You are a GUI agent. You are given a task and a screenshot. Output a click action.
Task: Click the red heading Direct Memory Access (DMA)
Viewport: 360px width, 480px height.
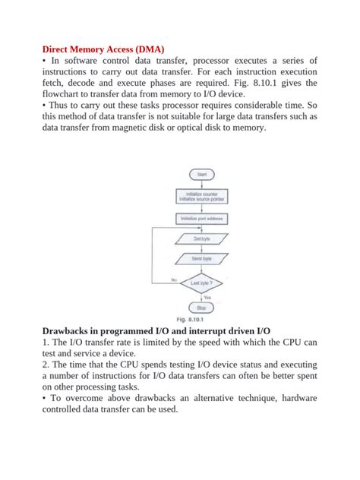click(103, 48)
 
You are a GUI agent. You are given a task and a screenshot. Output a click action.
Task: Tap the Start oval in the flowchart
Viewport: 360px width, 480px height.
click(201, 174)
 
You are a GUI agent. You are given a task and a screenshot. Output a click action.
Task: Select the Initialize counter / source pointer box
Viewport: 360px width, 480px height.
click(201, 197)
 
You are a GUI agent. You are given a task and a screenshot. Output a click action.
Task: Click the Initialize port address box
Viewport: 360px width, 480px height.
click(201, 219)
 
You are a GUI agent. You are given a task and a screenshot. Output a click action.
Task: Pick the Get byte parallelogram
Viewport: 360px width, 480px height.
click(201, 239)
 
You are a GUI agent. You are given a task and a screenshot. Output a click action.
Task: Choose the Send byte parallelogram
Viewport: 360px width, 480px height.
click(201, 259)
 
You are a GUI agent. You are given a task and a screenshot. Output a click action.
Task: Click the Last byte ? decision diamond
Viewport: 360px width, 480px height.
click(201, 283)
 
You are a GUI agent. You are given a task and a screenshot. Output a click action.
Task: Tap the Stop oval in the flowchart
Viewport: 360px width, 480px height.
click(201, 308)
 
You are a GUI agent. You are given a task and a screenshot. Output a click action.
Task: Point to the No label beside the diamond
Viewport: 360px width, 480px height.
click(173, 279)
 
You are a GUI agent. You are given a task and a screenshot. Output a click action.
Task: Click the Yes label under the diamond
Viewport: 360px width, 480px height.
click(207, 297)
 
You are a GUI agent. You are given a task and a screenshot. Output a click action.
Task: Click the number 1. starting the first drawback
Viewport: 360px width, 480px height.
click(46, 343)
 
